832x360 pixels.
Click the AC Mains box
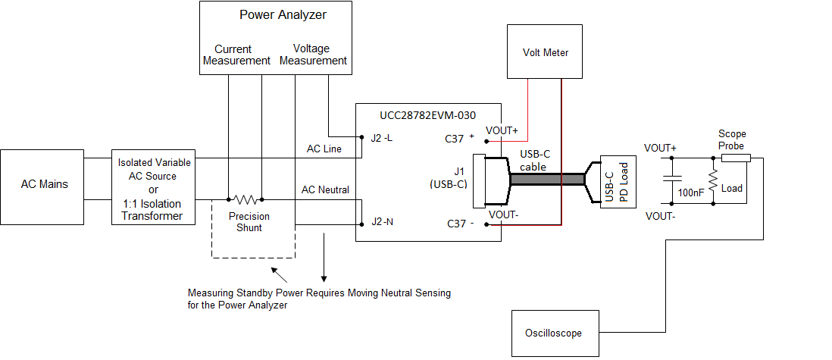[x=42, y=185]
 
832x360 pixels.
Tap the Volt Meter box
[x=545, y=52]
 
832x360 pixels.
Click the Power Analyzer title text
[x=283, y=15]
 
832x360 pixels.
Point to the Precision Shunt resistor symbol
[x=245, y=200]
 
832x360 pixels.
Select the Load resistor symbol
[x=712, y=181]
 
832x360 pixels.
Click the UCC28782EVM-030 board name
[x=428, y=115]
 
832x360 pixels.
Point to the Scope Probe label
[x=731, y=139]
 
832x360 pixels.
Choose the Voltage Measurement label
[x=313, y=55]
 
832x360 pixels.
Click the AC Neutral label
[x=325, y=189]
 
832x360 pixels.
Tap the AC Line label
[x=324, y=149]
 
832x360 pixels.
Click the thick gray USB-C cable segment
[x=546, y=180]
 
